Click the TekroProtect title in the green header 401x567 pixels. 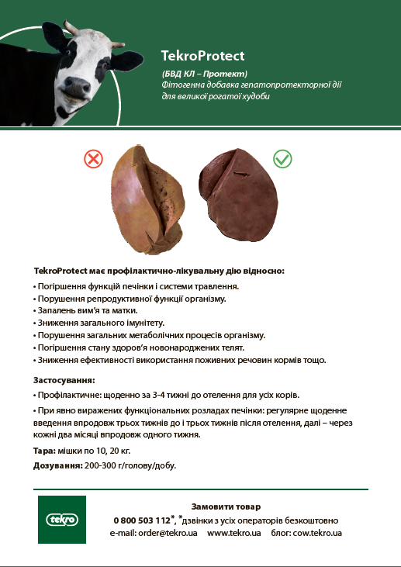click(202, 56)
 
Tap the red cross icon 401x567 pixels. click(93, 160)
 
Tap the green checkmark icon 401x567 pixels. click(282, 160)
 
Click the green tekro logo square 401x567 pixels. click(60, 520)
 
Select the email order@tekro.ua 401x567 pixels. click(154, 534)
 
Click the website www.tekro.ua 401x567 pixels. click(233, 534)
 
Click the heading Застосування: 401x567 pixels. click(64, 381)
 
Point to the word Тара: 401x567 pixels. click(45, 450)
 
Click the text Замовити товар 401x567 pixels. click(226, 506)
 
